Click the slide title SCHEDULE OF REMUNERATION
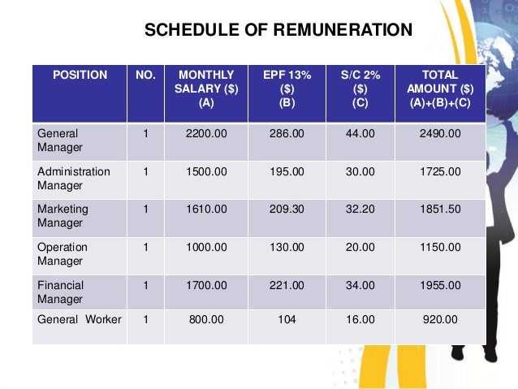(278, 31)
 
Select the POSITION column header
(80, 75)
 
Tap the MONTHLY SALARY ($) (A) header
(205, 89)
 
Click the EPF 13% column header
(287, 89)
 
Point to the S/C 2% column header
(360, 89)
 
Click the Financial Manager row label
(60, 292)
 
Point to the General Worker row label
(79, 320)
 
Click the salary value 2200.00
(205, 134)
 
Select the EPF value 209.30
(287, 210)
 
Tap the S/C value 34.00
(360, 285)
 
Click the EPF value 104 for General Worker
(287, 320)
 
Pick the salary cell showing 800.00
(205, 320)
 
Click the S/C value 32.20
(360, 210)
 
